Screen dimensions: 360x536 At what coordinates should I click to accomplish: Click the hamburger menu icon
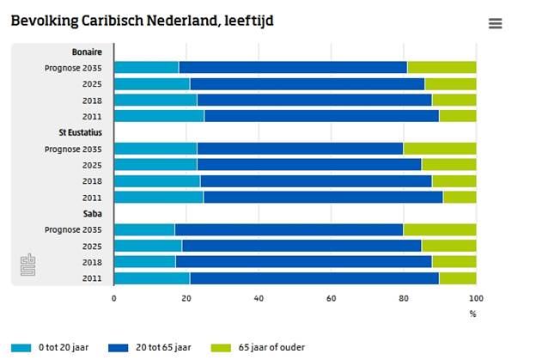pyautogui.click(x=495, y=23)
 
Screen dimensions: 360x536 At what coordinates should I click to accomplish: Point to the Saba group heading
pyautogui.click(x=93, y=213)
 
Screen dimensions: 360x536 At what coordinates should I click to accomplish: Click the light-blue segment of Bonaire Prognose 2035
pyautogui.click(x=146, y=68)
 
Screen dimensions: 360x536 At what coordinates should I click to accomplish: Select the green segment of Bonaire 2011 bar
pyautogui.click(x=457, y=116)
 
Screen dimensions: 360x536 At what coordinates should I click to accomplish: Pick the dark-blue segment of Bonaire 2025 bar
pyautogui.click(x=307, y=84)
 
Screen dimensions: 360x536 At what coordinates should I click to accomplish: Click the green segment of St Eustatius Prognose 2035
pyautogui.click(x=440, y=149)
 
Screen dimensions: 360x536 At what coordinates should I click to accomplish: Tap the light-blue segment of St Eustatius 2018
pyautogui.click(x=156, y=181)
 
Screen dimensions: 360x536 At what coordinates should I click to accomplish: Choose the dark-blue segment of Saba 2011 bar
pyautogui.click(x=314, y=278)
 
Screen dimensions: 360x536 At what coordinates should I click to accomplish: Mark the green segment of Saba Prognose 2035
pyautogui.click(x=440, y=229)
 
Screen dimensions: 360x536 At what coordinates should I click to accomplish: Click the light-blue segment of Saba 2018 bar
pyautogui.click(x=144, y=262)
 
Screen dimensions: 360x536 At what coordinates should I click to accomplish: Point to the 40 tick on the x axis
pyautogui.click(x=259, y=298)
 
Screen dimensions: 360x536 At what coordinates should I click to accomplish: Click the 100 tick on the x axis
pyautogui.click(x=475, y=298)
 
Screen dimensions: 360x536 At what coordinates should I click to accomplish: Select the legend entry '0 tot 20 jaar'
pyautogui.click(x=57, y=348)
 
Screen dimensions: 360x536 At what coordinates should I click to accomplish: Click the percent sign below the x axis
pyautogui.click(x=472, y=314)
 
